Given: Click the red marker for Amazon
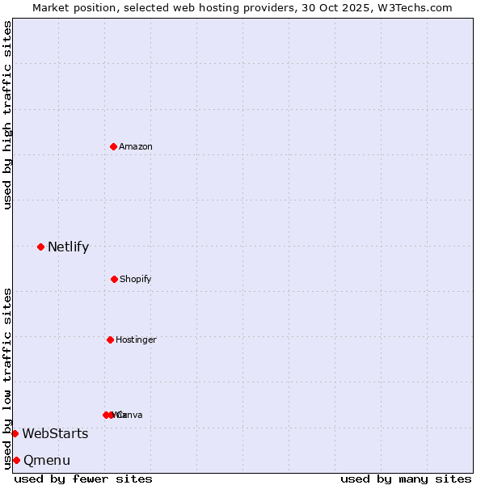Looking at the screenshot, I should pyautogui.click(x=113, y=146).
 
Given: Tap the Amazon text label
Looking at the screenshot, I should pyautogui.click(x=136, y=146).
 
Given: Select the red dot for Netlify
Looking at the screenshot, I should pyautogui.click(x=40, y=247).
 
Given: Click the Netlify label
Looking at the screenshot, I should pyautogui.click(x=68, y=247).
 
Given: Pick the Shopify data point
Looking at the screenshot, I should pyautogui.click(x=114, y=279).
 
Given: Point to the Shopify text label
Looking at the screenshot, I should pyautogui.click(x=136, y=280).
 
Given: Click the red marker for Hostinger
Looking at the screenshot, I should pyautogui.click(x=110, y=339).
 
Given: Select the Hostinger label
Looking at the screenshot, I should pyautogui.click(x=136, y=340).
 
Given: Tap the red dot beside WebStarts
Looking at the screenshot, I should pyautogui.click(x=15, y=433).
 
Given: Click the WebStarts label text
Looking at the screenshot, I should pyautogui.click(x=55, y=434).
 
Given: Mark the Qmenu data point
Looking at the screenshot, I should pyautogui.click(x=16, y=460).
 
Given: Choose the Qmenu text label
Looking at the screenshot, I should pyautogui.click(x=47, y=461).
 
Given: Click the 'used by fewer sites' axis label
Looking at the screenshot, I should pyautogui.click(x=83, y=479).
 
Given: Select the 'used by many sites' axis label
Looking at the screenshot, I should pyautogui.click(x=406, y=479).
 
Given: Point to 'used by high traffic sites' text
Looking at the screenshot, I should pyautogui.click(x=7, y=115).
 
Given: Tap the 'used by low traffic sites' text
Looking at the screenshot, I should pyautogui.click(x=7, y=378).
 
